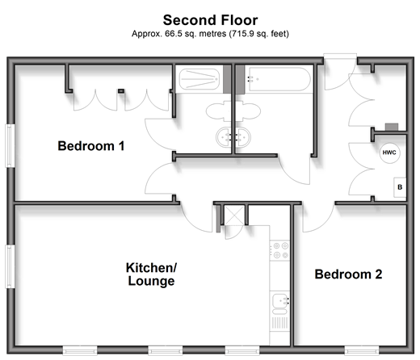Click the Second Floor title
coord(210,20)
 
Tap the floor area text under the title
coord(210,34)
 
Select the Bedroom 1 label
coord(91,146)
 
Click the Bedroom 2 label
coord(348,274)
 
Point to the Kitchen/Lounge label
coord(151,274)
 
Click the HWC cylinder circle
coord(389,153)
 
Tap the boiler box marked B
coord(400,187)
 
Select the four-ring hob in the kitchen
coord(280,250)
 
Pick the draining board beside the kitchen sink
coord(280,323)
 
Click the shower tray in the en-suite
coord(199,79)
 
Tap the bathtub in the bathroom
coord(279,79)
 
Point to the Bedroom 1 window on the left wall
coord(10,145)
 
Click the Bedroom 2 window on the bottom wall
coord(362,351)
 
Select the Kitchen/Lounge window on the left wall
coord(10,266)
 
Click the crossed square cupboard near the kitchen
coord(234,216)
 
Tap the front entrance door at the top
coord(340,57)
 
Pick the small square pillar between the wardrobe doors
coord(121,91)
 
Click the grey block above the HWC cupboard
coord(392,127)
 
